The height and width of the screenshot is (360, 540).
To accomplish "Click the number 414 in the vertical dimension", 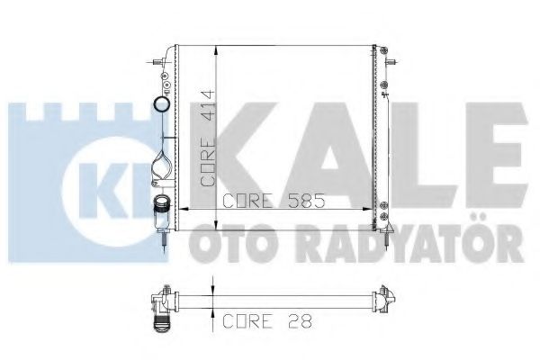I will [x=207, y=105].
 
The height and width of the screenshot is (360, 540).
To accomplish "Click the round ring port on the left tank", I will [x=163, y=104].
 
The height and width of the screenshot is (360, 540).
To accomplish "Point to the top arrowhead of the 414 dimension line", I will [x=216, y=49].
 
